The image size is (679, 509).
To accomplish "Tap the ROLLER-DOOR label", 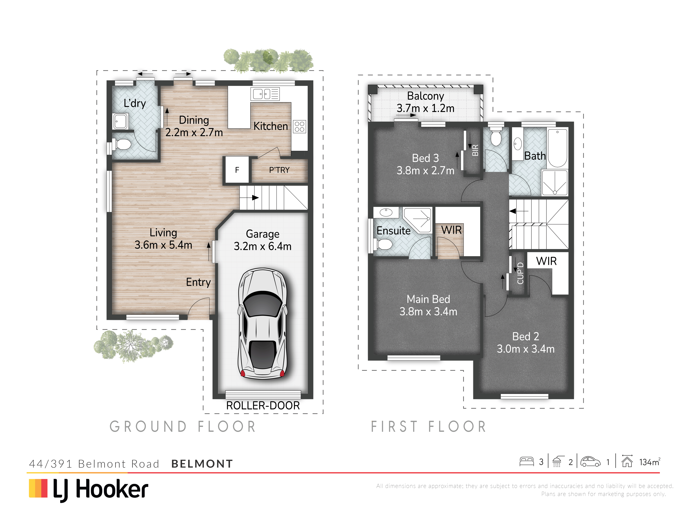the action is coord(263,406).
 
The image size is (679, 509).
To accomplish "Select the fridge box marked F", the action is coord(237,170).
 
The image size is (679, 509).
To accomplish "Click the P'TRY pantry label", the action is coord(279,170).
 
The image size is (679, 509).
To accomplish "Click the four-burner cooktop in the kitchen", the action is coord(299,126).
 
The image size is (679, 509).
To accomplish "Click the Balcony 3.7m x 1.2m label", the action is coord(425,102).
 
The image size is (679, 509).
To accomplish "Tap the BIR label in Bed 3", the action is coord(475,150).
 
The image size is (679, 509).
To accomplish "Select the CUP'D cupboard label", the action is coord(520,273).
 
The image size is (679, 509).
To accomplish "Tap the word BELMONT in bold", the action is coord(202,464).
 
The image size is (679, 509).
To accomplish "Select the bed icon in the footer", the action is coord(526,462).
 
